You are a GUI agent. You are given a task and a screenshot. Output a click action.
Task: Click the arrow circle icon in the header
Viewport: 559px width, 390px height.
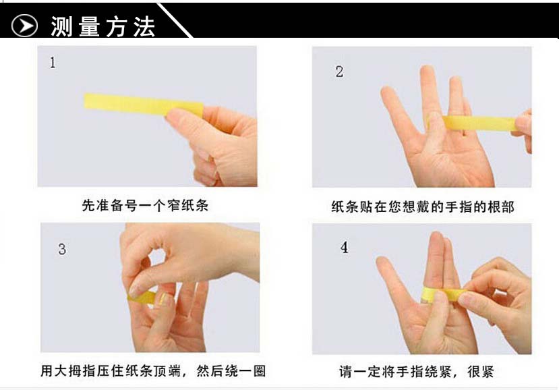pos(24,26)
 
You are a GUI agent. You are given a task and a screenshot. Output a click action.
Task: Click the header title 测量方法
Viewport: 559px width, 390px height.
pos(102,26)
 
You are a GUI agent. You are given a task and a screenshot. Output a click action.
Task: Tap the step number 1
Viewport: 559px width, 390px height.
pos(53,63)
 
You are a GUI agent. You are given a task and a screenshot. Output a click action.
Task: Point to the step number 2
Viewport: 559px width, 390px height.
pos(339,72)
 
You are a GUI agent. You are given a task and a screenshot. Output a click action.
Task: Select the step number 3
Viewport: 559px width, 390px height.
pos(62,249)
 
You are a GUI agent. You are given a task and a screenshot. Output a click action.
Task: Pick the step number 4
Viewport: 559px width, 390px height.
pos(344,247)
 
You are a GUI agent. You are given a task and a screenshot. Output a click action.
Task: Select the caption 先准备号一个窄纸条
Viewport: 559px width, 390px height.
pos(145,205)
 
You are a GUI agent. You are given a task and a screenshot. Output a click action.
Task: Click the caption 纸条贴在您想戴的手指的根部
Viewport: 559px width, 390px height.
pos(423,206)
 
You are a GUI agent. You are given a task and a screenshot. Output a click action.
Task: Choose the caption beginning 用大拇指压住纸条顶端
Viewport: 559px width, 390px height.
pos(153,370)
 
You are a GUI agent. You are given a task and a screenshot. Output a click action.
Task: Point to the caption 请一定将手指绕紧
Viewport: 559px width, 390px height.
pos(396,372)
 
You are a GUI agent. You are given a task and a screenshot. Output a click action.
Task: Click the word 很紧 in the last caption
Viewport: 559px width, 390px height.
pos(481,372)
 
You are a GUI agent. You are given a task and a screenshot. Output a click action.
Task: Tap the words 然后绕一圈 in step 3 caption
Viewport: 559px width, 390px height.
pos(231,370)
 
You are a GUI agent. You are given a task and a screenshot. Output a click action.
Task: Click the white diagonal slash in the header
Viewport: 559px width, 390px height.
pos(175,20)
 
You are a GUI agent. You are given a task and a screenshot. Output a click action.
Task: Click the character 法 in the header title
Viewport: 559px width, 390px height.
pos(145,27)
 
